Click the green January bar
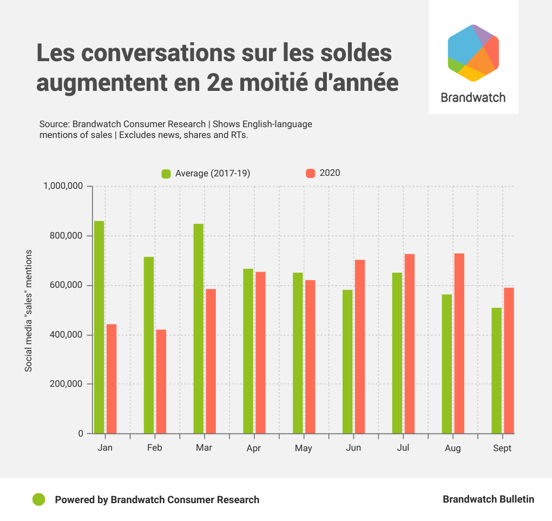(99, 327)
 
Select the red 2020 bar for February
(161, 381)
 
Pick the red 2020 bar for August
(459, 344)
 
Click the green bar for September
(497, 371)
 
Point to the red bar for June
(359, 347)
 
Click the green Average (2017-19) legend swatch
(166, 174)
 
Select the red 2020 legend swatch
(310, 173)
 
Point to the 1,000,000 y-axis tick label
(63, 186)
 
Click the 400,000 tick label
(65, 335)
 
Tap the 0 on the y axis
(81, 433)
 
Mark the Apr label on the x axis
(253, 449)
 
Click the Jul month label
(403, 448)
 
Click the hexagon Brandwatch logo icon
(473, 53)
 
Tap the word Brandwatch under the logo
(473, 97)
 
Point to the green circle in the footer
(38, 499)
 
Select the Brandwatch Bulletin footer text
(488, 499)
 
